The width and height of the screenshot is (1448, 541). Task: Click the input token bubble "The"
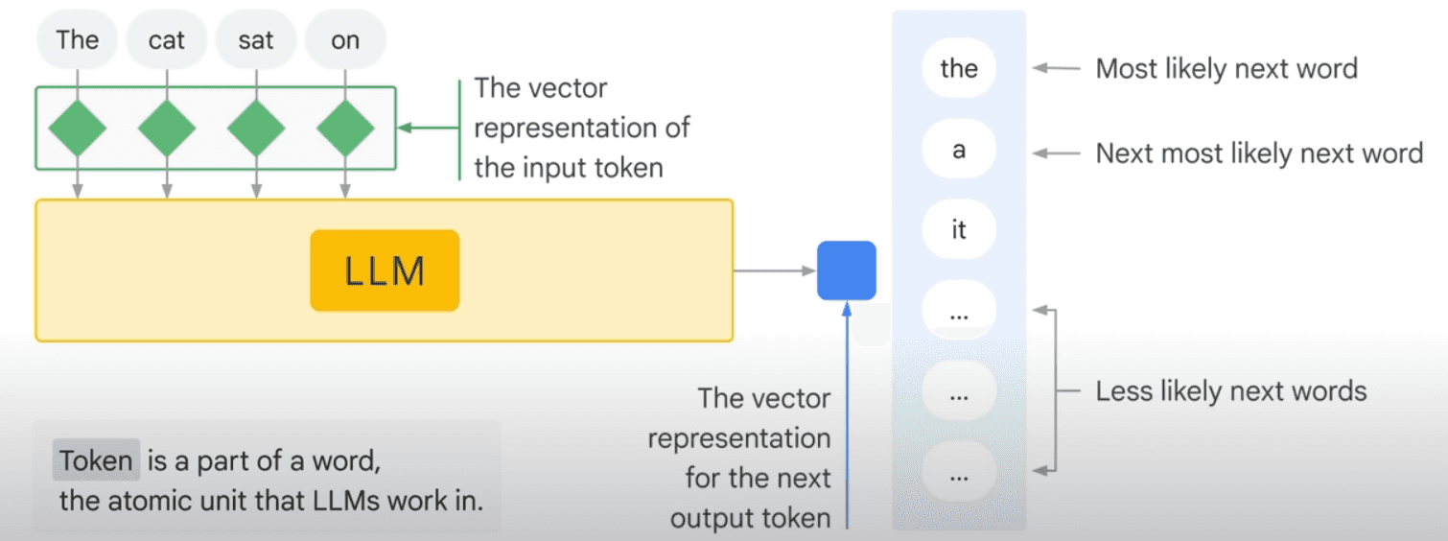pos(78,40)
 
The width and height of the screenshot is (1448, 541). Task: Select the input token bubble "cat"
pos(167,40)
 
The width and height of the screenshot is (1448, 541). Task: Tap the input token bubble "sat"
pos(256,40)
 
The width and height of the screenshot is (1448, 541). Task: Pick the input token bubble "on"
pos(345,40)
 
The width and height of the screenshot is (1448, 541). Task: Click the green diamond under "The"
pos(78,128)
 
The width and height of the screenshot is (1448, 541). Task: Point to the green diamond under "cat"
pos(167,128)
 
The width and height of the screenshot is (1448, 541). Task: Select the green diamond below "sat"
pos(256,128)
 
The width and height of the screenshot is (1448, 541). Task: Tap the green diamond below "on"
pos(345,128)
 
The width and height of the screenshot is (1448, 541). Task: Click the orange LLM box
pos(385,270)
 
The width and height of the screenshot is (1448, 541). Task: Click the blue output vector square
pos(846,270)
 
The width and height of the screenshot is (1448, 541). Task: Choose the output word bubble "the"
pos(959,68)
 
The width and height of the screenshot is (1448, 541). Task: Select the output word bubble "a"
pos(959,149)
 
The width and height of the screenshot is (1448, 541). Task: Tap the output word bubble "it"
pos(959,229)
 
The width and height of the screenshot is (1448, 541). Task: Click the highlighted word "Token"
pos(96,460)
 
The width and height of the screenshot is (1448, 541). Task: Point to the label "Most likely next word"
pos(1226,68)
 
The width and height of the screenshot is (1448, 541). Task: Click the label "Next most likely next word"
pos(1259,153)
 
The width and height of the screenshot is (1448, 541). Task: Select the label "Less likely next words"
pos(1231,391)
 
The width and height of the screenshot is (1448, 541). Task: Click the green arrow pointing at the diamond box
pos(429,128)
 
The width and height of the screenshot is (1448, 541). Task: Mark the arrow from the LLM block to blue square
pos(775,270)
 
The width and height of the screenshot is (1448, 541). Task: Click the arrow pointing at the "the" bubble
pos(1056,68)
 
